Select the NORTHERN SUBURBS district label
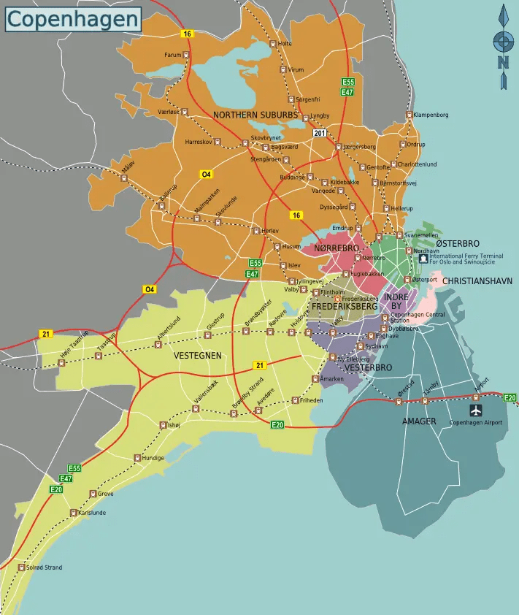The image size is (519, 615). coord(255,115)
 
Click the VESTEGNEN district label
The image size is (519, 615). coord(198,355)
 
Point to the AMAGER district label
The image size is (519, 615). coord(419,421)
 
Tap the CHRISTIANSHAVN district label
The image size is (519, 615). coord(477,281)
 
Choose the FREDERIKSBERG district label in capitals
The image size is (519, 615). coord(344,307)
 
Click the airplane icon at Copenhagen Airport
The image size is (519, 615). coord(477,411)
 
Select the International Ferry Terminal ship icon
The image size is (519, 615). coord(423,259)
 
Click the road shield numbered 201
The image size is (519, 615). coord(319,134)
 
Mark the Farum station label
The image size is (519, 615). coord(172,55)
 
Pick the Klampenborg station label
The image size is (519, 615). coord(431,115)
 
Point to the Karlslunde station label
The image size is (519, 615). coord(91,513)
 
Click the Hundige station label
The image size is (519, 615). coord(153,458)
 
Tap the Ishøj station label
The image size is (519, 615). coord(174,424)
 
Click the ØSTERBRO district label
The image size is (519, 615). coord(458,244)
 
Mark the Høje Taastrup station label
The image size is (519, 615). coord(73,347)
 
